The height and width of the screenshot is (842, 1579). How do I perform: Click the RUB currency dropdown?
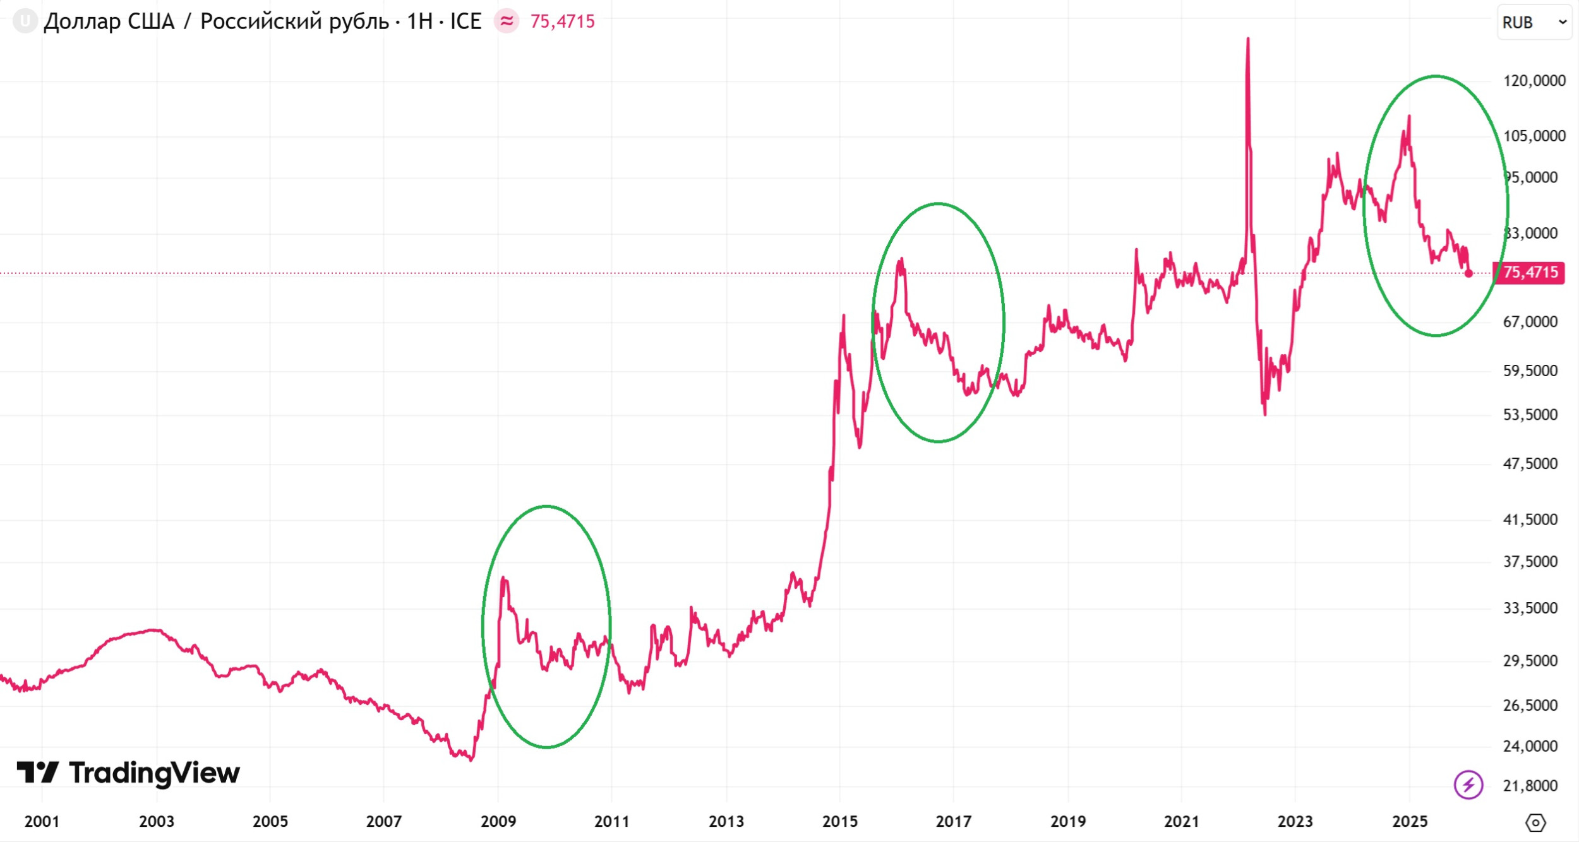tap(1534, 22)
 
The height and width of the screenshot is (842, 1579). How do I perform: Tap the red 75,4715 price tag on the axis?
tap(1529, 273)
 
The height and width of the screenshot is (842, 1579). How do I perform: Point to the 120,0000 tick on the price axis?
tap(1534, 81)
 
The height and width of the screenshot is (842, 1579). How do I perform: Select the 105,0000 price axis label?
tap(1534, 136)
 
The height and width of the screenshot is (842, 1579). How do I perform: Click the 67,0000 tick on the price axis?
tap(1530, 322)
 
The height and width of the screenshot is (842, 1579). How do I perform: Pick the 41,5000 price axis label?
tap(1530, 519)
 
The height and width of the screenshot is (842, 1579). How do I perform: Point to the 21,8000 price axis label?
tap(1530, 786)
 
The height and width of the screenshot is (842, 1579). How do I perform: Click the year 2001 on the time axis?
tap(42, 821)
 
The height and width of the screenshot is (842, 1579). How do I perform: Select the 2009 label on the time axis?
tap(498, 821)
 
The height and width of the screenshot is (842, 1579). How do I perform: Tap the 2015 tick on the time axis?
tap(840, 821)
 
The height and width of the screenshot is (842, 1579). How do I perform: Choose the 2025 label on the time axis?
tap(1410, 821)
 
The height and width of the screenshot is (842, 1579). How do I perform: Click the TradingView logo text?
tap(154, 773)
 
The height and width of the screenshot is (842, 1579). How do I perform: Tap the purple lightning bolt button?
tap(1468, 785)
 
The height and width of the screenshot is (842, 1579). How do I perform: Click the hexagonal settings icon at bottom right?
tap(1535, 822)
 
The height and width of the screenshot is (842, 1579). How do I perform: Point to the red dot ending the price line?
tap(1468, 273)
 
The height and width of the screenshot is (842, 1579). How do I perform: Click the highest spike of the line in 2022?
tap(1247, 39)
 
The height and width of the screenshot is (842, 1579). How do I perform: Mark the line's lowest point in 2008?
tap(471, 760)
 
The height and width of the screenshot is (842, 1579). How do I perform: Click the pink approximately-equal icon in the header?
tap(506, 21)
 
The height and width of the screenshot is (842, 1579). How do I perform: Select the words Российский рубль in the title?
tap(294, 21)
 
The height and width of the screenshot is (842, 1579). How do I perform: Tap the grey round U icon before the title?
tap(25, 21)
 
